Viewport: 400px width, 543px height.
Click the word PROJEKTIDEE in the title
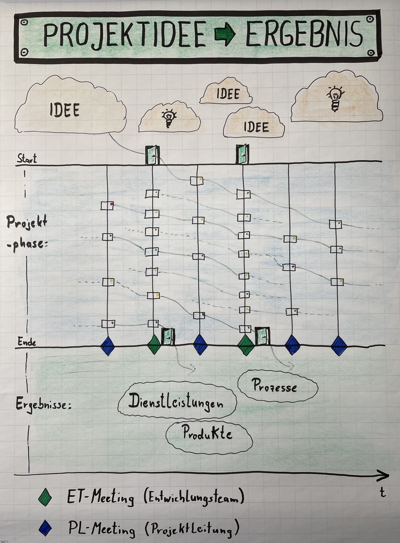coord(124,35)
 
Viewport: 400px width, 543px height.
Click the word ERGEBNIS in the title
coord(304,35)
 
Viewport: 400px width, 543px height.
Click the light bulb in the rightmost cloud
coord(335,97)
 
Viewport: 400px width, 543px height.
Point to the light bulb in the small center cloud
coord(169,117)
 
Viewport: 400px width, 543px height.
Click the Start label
coord(27,159)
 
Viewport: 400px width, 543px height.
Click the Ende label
coord(27,342)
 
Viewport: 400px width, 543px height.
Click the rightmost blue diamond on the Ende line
coord(339,345)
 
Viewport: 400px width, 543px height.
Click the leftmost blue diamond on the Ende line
coord(108,345)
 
